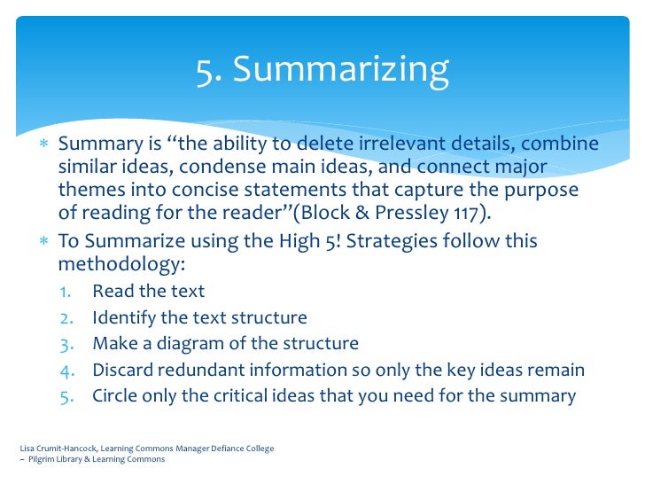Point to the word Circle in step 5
[115, 395]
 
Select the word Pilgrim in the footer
[41, 459]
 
